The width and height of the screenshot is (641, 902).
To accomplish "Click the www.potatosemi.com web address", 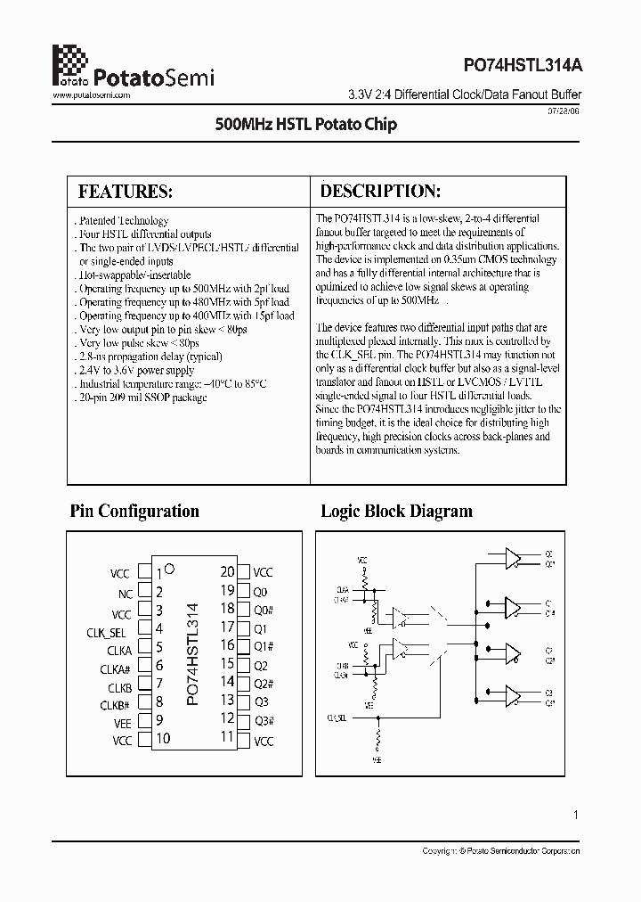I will tap(93, 94).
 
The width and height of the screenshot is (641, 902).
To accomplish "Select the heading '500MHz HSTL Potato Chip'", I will tap(306, 124).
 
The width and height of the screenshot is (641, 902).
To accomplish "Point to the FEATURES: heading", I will tap(125, 192).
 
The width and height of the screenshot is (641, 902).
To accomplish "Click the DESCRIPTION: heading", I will tap(380, 191).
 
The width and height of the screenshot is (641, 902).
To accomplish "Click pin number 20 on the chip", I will tap(227, 572).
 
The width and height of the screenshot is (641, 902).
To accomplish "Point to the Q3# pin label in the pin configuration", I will tap(264, 721).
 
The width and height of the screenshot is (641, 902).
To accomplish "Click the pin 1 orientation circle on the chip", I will tap(170, 568).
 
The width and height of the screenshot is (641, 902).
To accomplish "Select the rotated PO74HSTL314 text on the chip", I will tap(193, 654).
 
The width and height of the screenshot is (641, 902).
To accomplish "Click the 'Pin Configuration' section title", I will tap(134, 511).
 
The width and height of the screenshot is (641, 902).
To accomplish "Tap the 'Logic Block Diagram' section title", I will tap(396, 511).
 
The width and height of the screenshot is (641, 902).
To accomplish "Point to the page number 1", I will tap(577, 815).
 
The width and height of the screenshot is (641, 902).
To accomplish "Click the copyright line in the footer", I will tap(501, 852).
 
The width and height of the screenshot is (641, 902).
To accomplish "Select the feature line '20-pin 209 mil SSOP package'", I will tap(142, 398).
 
